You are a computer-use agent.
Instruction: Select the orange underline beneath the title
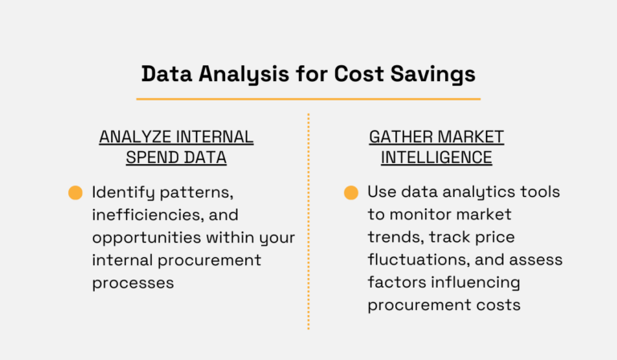click(308, 99)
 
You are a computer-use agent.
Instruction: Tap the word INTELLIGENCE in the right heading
click(436, 157)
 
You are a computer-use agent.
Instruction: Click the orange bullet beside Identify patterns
click(76, 193)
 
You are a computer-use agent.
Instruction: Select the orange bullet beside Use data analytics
click(351, 193)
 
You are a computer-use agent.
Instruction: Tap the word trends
click(394, 238)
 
